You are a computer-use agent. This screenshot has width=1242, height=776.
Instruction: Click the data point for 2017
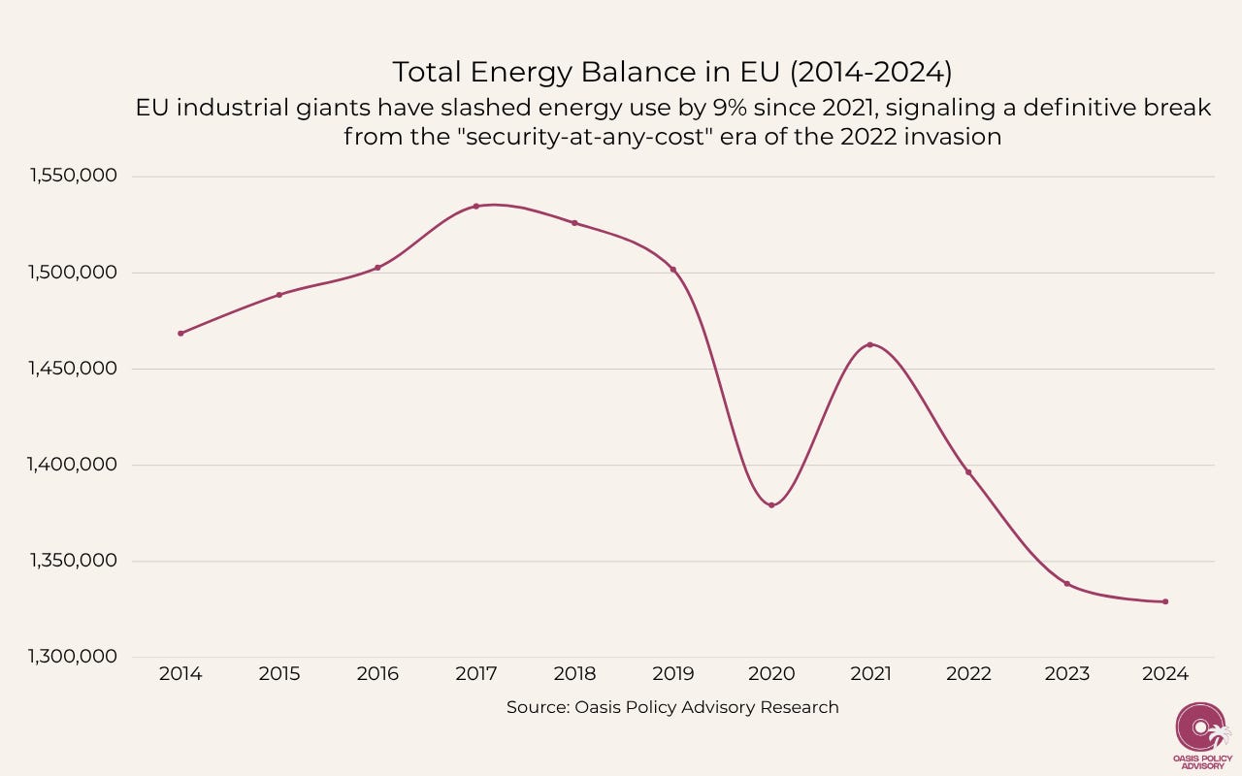[475, 206]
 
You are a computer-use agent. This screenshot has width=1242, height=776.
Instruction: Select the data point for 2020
[771, 504]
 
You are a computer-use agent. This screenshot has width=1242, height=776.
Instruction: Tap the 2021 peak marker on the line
[869, 344]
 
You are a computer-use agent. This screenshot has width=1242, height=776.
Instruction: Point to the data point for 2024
[1165, 601]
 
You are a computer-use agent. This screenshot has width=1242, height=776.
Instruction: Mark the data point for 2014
[180, 333]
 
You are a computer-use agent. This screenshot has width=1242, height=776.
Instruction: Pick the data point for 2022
[968, 472]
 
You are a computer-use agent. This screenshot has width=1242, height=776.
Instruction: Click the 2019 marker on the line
[672, 269]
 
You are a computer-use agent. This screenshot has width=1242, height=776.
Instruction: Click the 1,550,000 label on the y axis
[74, 177]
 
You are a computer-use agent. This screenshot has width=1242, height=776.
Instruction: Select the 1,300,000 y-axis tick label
[74, 657]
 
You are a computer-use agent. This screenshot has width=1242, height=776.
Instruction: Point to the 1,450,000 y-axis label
[74, 369]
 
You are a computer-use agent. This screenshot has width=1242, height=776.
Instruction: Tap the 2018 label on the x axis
[574, 674]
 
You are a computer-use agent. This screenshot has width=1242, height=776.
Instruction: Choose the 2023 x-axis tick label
[1066, 674]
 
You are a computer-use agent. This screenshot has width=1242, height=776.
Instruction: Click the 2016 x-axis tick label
[377, 674]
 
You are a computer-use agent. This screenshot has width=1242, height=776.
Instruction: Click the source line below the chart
[672, 707]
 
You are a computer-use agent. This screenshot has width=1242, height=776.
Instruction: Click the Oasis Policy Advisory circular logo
[1201, 727]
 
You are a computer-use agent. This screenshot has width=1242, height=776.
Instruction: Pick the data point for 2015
[279, 294]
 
